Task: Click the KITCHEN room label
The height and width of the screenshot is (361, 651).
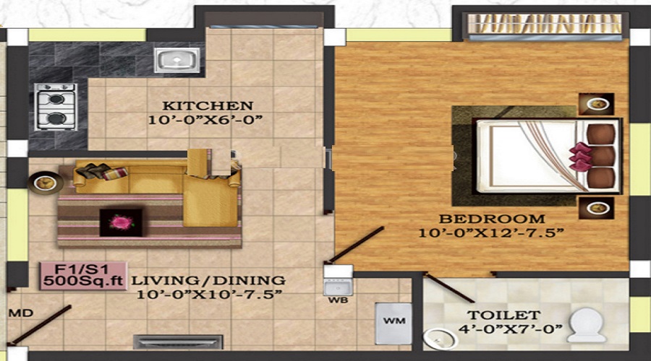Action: click(208, 105)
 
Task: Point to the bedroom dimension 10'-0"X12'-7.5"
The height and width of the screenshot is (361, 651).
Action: click(491, 233)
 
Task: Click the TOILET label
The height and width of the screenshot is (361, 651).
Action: click(513, 315)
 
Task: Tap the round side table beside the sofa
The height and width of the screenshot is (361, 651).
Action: click(41, 180)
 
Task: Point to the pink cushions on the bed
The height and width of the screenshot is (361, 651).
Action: click(579, 156)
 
